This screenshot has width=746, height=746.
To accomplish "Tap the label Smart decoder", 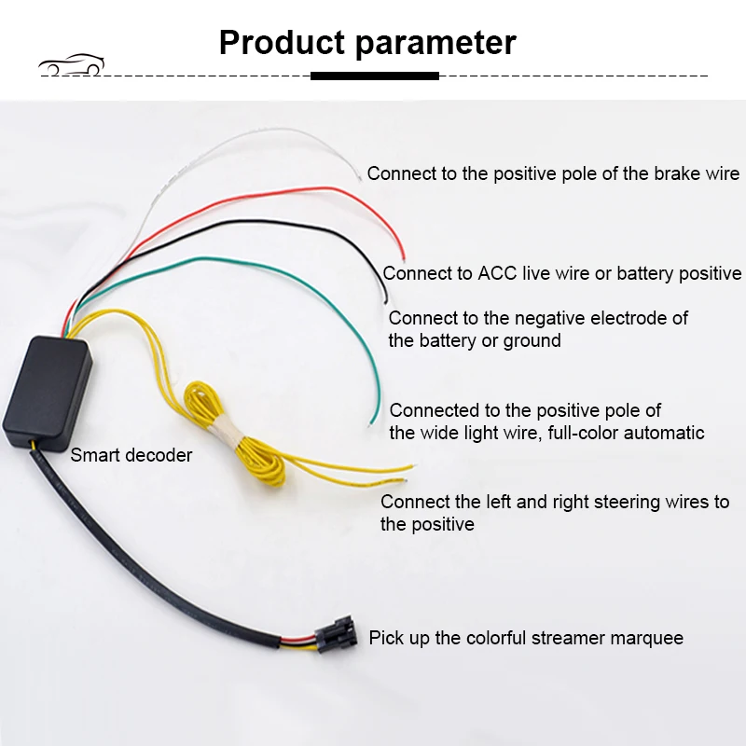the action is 131,455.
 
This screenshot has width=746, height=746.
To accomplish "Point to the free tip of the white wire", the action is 362,177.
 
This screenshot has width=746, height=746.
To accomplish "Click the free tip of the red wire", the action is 403,258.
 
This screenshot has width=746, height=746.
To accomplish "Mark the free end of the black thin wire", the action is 384,300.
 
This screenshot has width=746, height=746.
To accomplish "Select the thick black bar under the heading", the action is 373,76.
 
